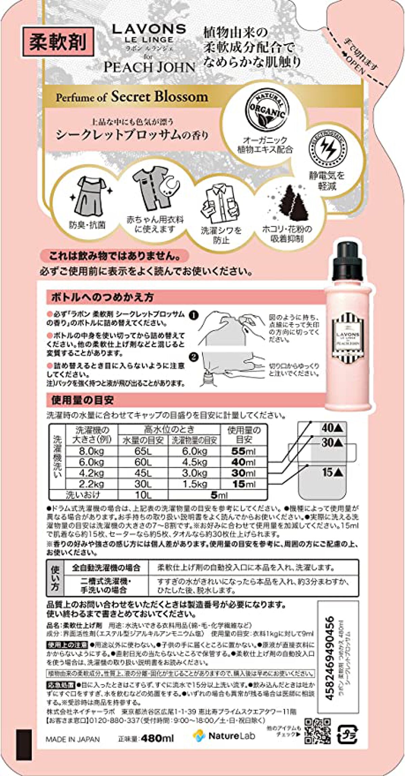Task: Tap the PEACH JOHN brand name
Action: pos(149,67)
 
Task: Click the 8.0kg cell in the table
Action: pos(91,451)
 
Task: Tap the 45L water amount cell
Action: pos(143,473)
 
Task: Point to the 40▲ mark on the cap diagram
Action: pos(332,428)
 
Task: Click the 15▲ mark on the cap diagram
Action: pos(332,472)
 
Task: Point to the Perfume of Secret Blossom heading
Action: pos(132,97)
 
